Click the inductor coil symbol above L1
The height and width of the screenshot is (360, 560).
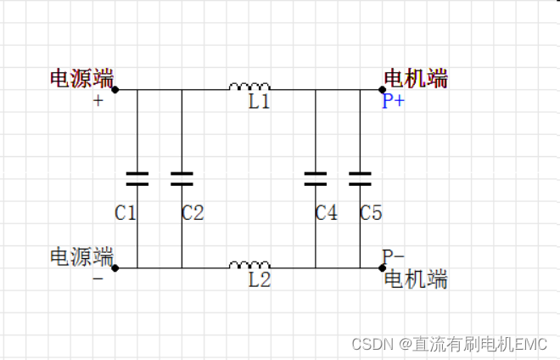pyautogui.click(x=249, y=86)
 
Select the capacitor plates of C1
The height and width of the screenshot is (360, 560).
pyautogui.click(x=137, y=178)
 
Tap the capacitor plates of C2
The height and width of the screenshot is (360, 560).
pyautogui.click(x=182, y=178)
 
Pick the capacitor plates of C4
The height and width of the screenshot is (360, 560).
pyautogui.click(x=316, y=178)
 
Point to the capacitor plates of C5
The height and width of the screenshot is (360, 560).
pyautogui.click(x=361, y=178)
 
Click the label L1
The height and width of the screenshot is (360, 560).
pyautogui.click(x=259, y=103)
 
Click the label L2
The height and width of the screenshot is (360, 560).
pyautogui.click(x=259, y=281)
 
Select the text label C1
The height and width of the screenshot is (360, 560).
pyautogui.click(x=126, y=212)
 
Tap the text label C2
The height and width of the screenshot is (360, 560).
pyautogui.click(x=193, y=212)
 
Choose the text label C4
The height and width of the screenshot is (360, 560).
pyautogui.click(x=327, y=212)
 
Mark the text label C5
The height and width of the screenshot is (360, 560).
pyautogui.click(x=371, y=212)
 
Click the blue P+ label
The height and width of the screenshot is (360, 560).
pyautogui.click(x=394, y=103)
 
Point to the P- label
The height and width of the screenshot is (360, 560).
pyautogui.click(x=394, y=256)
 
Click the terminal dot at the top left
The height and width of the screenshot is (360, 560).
pyautogui.click(x=115, y=89)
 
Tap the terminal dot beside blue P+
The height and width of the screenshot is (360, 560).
pyautogui.click(x=383, y=89)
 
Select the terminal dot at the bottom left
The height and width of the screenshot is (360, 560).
pyautogui.click(x=115, y=267)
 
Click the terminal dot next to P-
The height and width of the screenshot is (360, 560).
pyautogui.click(x=383, y=267)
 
